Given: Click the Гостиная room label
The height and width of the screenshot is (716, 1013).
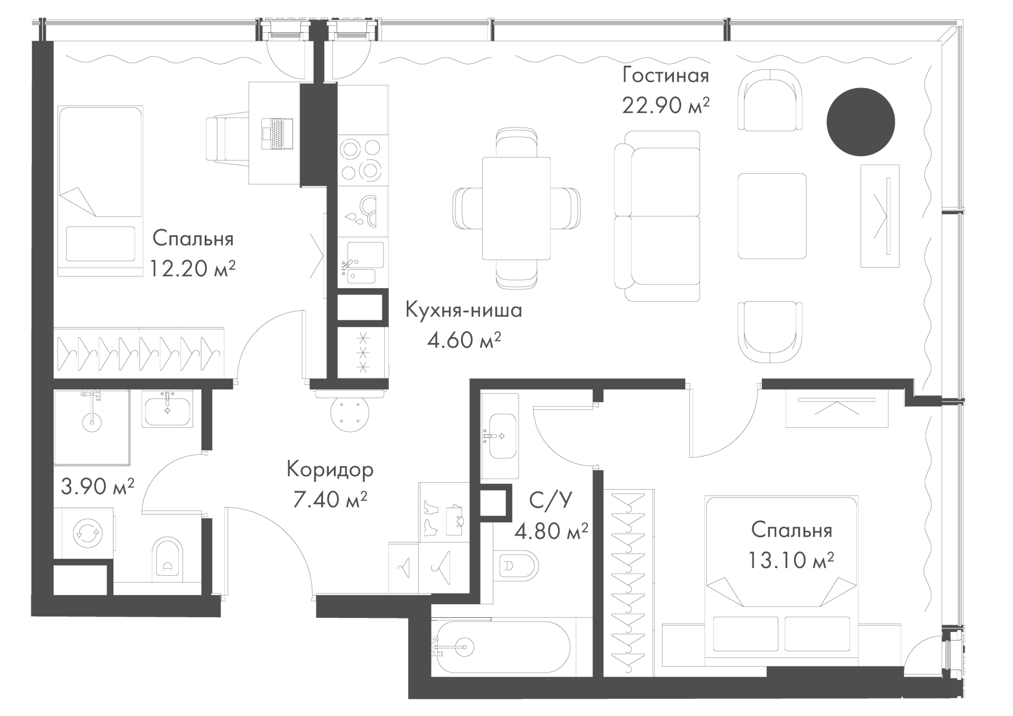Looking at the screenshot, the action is [666, 75].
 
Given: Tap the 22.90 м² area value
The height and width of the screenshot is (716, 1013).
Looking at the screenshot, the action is [666, 106].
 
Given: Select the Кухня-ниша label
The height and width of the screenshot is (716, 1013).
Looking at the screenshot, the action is [464, 310].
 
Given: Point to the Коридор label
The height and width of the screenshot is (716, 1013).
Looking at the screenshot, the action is [330, 469].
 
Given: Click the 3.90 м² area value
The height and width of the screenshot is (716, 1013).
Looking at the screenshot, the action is [98, 486].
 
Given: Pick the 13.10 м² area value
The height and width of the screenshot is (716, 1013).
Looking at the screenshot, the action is [791, 560].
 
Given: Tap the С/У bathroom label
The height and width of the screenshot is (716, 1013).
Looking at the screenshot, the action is [550, 500].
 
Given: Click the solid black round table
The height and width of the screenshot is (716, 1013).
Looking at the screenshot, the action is [861, 122].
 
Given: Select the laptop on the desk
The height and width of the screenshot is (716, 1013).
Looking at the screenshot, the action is [277, 133].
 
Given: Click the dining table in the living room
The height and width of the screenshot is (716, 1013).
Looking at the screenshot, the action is [517, 209].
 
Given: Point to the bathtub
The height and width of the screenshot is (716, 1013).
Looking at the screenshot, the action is [501, 646].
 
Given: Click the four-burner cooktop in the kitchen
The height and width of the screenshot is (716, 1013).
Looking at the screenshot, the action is [361, 160].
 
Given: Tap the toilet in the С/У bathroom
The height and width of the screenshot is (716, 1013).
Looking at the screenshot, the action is [515, 566].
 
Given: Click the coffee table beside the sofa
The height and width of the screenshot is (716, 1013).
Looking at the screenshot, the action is [772, 216].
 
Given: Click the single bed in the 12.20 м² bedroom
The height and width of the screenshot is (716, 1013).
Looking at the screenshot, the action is [100, 191].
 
